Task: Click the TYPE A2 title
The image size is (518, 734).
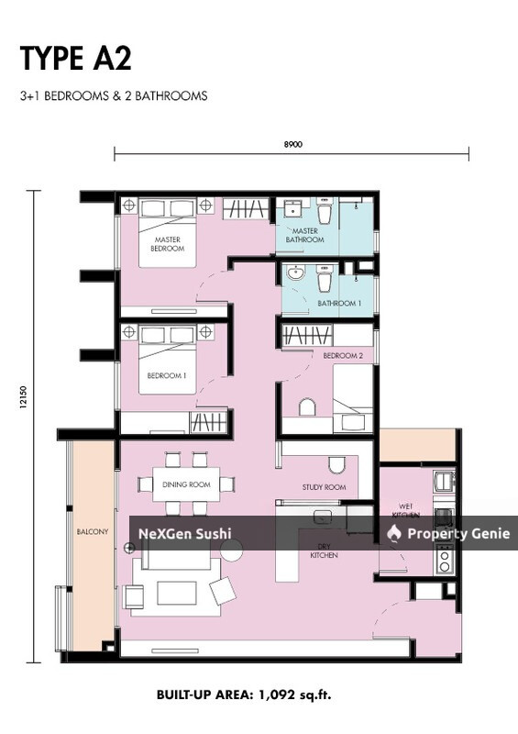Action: click(x=75, y=58)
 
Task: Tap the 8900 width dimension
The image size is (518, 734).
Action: click(x=292, y=143)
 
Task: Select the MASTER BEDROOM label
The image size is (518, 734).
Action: click(x=168, y=243)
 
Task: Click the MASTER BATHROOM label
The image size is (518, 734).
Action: click(x=304, y=235)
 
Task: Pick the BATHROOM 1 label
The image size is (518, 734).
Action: click(x=339, y=303)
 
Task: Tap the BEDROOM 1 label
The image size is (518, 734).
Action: click(x=167, y=375)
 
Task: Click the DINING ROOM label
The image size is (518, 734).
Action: click(x=186, y=484)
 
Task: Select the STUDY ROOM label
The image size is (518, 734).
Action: click(x=324, y=487)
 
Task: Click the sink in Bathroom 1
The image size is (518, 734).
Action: click(x=295, y=273)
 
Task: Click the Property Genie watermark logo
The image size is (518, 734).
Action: click(x=394, y=533)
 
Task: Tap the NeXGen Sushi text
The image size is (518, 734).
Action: click(x=184, y=533)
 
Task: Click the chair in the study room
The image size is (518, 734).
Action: click(x=336, y=464)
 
